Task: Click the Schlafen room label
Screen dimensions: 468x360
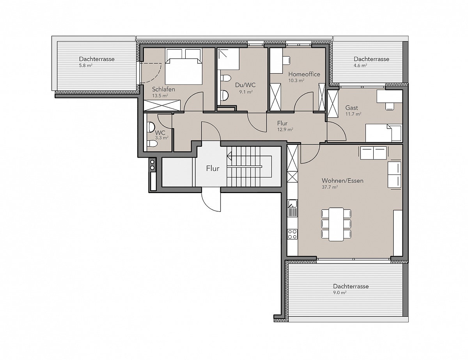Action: pos(163,89)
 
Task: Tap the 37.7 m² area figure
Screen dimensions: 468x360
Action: pos(330,187)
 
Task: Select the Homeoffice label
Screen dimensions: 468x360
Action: pos(304,74)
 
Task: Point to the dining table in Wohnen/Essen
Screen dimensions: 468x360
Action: pos(336,224)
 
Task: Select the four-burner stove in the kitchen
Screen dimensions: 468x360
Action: pos(292,234)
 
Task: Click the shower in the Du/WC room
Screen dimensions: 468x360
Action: pos(228,59)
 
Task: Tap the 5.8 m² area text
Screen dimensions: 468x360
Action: pos(86,66)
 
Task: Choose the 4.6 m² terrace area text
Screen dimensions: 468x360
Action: pos(360,66)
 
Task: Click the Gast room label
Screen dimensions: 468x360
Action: pos(351,108)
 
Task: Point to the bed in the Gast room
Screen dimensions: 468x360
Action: pos(384,133)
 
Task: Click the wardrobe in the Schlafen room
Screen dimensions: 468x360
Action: pos(162,105)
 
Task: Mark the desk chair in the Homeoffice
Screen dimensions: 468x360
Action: pos(286,60)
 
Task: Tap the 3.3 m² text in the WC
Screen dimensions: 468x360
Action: pos(162,138)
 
